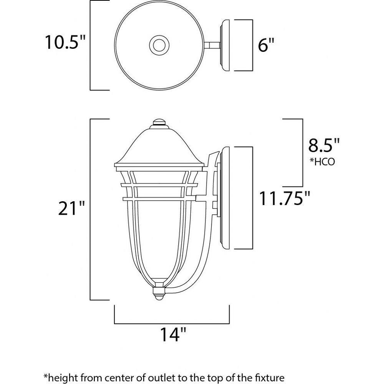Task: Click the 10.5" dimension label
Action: pyautogui.click(x=65, y=42)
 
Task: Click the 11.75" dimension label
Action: pyautogui.click(x=285, y=198)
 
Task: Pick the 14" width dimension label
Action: pyautogui.click(x=173, y=334)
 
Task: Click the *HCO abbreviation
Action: pyautogui.click(x=323, y=162)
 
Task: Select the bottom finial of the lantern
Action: pyautogui.click(x=159, y=294)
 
